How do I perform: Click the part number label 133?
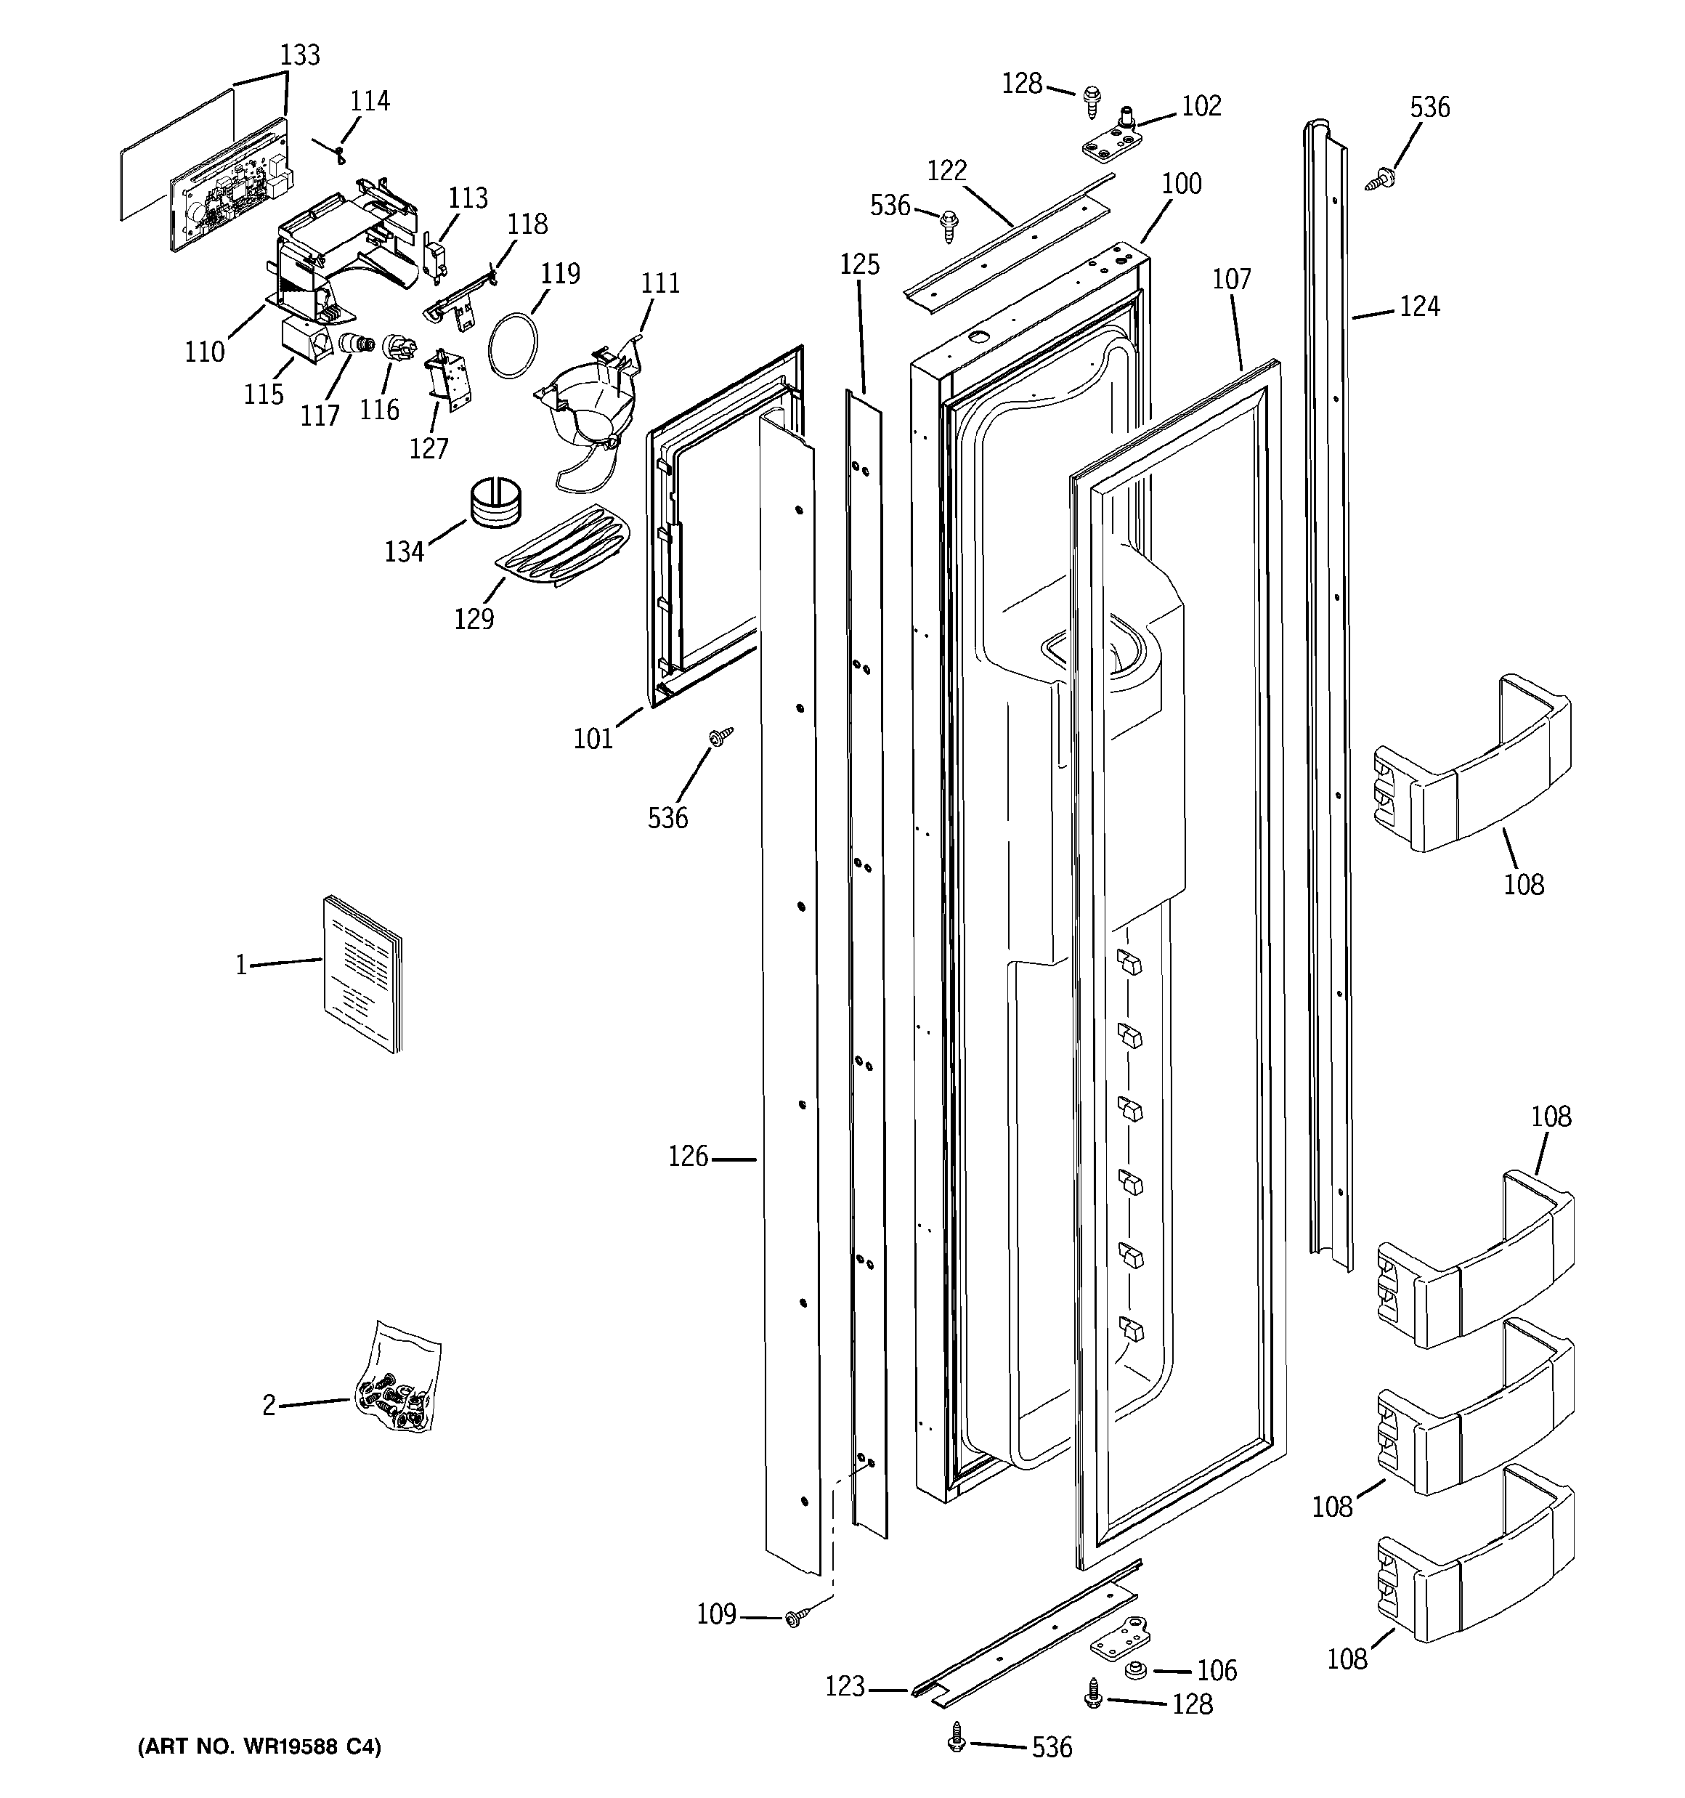click(x=299, y=55)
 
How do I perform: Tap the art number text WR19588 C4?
click(x=259, y=1746)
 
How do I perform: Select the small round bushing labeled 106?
click(x=1136, y=1669)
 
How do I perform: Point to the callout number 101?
click(x=593, y=739)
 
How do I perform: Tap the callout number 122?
click(x=946, y=170)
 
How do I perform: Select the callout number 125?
click(x=858, y=264)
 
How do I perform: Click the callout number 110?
click(x=204, y=351)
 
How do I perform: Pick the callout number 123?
click(x=845, y=1687)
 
